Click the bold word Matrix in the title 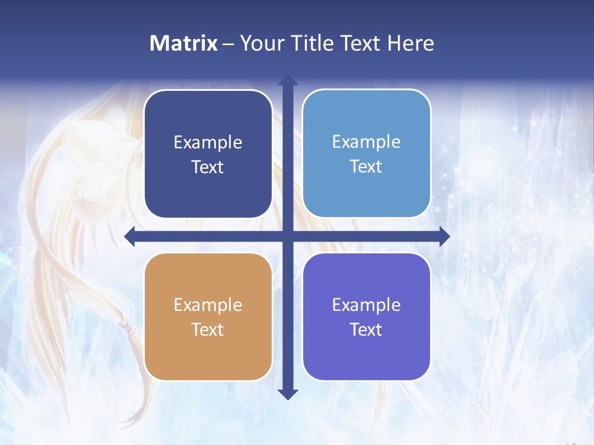pyautogui.click(x=184, y=43)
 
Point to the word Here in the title pyautogui.click(x=410, y=43)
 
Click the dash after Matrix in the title pyautogui.click(x=228, y=44)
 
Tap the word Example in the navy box pyautogui.click(x=208, y=142)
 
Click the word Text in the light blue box pyautogui.click(x=366, y=167)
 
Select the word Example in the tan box pyautogui.click(x=208, y=305)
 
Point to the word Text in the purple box pyautogui.click(x=366, y=329)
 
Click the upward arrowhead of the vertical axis pyautogui.click(x=288, y=81)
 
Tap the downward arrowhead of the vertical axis pyautogui.click(x=288, y=394)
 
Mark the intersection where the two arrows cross pyautogui.click(x=288, y=237)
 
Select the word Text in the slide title pyautogui.click(x=361, y=43)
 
